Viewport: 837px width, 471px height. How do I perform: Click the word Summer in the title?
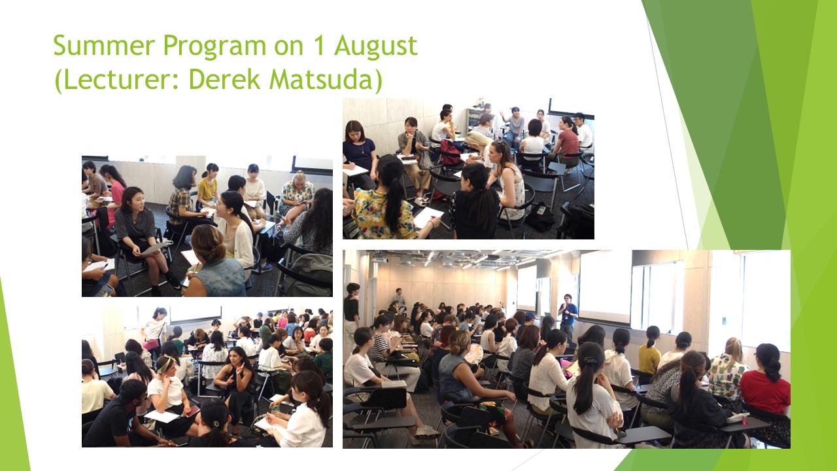(104, 46)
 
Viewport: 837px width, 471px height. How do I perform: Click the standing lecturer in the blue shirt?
(568, 315)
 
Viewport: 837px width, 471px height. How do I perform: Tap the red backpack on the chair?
(451, 152)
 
